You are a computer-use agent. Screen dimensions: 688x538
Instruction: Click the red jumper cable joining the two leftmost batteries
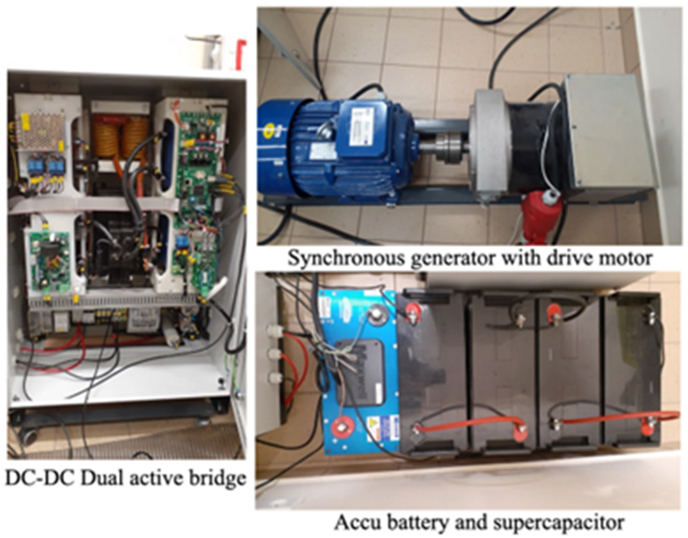tap(469, 423)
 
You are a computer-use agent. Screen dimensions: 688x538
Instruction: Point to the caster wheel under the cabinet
tap(29, 437)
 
